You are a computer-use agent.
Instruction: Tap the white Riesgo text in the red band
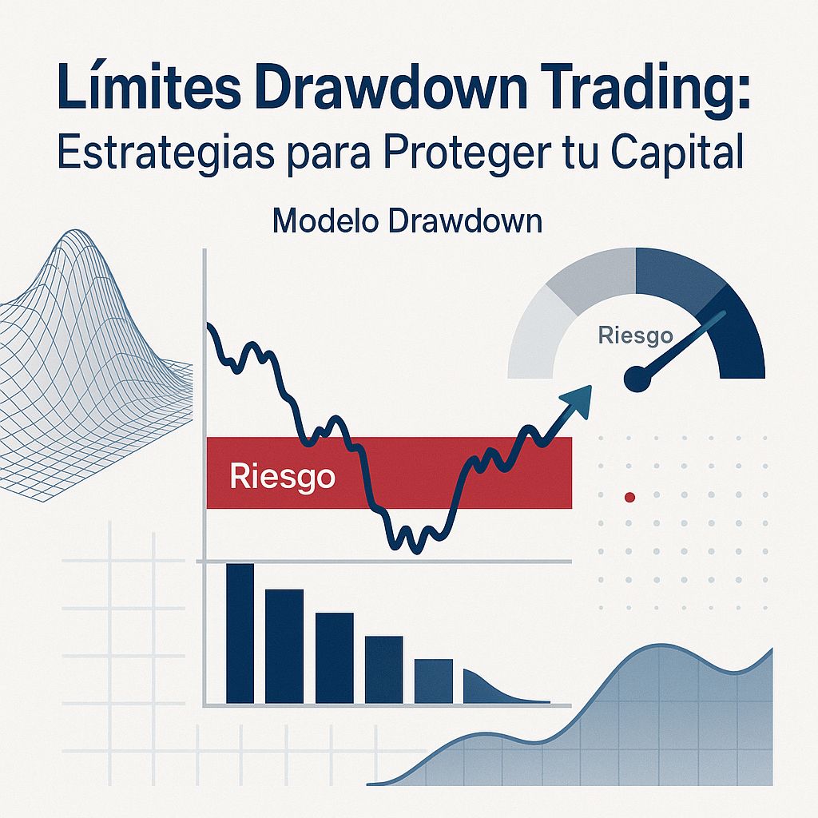point(281,478)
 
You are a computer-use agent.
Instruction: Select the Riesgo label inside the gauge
point(635,336)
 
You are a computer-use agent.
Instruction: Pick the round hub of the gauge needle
point(637,379)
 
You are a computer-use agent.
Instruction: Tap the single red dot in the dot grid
point(629,497)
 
